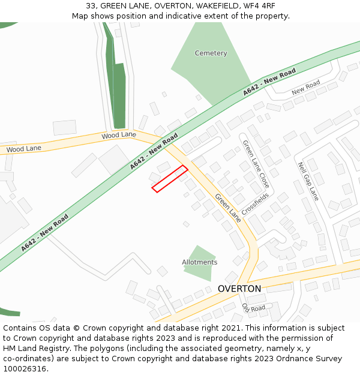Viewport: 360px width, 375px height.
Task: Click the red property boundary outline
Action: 170,179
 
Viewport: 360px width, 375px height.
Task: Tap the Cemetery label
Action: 211,53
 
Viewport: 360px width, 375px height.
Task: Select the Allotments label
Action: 200,262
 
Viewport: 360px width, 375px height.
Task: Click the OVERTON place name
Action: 239,289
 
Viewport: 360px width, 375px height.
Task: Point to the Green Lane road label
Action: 227,208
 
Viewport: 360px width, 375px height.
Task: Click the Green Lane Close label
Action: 256,164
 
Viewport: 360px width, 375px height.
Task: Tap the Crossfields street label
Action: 256,205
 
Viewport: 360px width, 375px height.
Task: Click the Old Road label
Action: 253,307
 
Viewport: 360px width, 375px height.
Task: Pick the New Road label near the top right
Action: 305,89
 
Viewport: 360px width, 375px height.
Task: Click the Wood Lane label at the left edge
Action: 23,148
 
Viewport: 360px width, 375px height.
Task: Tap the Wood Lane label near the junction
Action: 119,136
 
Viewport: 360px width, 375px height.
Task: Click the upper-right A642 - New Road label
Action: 269,83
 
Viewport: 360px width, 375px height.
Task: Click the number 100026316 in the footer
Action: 24,368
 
